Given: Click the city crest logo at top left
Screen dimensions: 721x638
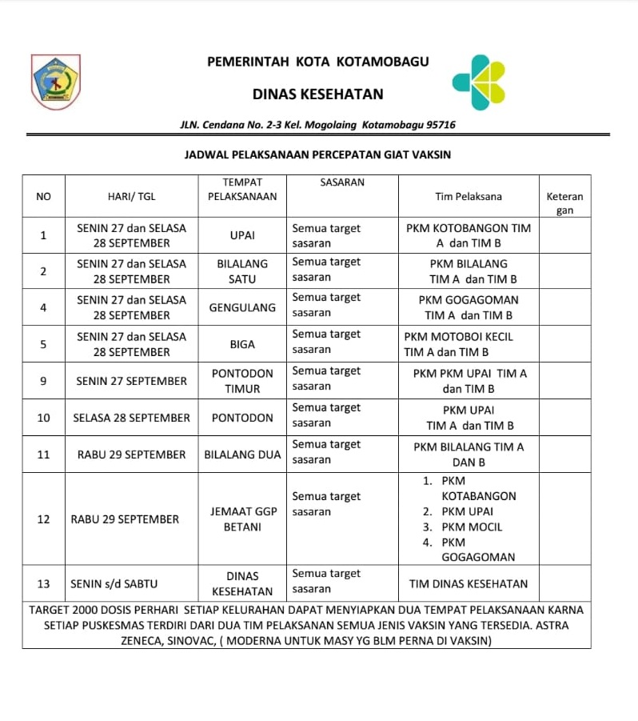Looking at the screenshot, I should click(x=55, y=82).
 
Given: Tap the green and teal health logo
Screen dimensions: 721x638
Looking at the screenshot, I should click(x=479, y=82).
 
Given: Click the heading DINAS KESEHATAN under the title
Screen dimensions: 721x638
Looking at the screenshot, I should click(x=317, y=94).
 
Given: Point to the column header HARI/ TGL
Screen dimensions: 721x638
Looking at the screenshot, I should click(x=132, y=196).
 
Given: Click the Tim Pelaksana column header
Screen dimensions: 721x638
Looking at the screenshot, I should click(x=469, y=196).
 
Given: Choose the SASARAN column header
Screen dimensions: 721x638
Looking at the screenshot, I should click(x=342, y=182).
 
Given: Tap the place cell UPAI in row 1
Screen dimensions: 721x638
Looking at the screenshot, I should click(x=242, y=235).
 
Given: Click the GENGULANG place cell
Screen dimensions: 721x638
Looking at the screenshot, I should click(x=242, y=307).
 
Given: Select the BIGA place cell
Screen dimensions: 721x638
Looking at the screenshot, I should click(x=242, y=344).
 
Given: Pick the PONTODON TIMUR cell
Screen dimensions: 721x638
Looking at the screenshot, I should click(x=242, y=381).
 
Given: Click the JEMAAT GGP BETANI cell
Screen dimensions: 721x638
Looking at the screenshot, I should click(x=242, y=519).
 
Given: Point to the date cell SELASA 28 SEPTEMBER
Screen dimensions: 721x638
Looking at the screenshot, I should click(x=132, y=418).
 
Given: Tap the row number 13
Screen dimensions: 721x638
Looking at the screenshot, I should click(x=44, y=583).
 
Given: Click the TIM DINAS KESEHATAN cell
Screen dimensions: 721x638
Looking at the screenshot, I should click(x=469, y=583).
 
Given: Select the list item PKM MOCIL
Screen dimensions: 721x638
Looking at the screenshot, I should click(x=473, y=527).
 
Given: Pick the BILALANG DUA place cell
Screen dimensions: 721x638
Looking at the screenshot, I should click(x=242, y=455).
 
